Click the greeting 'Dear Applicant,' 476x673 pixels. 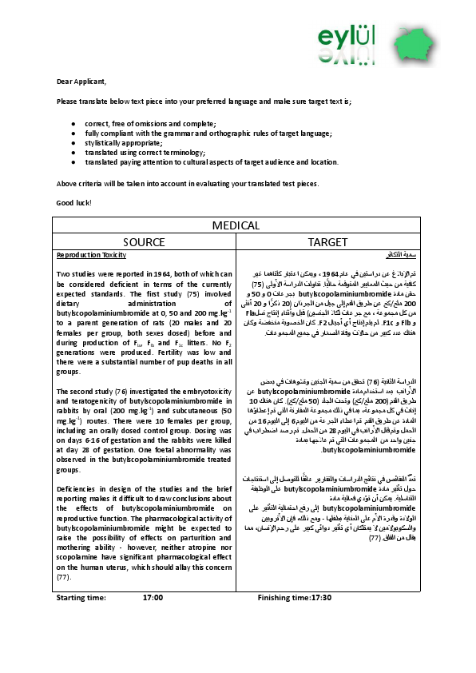(81, 81)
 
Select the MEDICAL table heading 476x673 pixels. (236, 226)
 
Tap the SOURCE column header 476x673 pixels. (145, 241)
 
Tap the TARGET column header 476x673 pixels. (327, 241)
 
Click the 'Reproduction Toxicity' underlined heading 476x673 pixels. (92, 255)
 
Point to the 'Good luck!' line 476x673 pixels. (73, 202)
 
